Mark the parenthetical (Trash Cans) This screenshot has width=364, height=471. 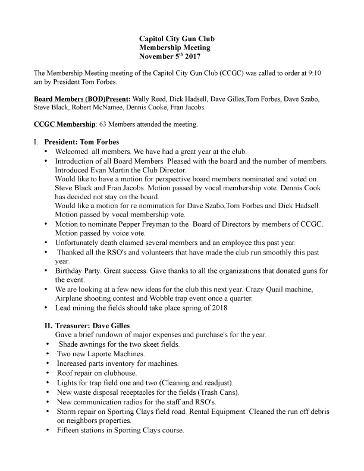pos(219,392)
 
